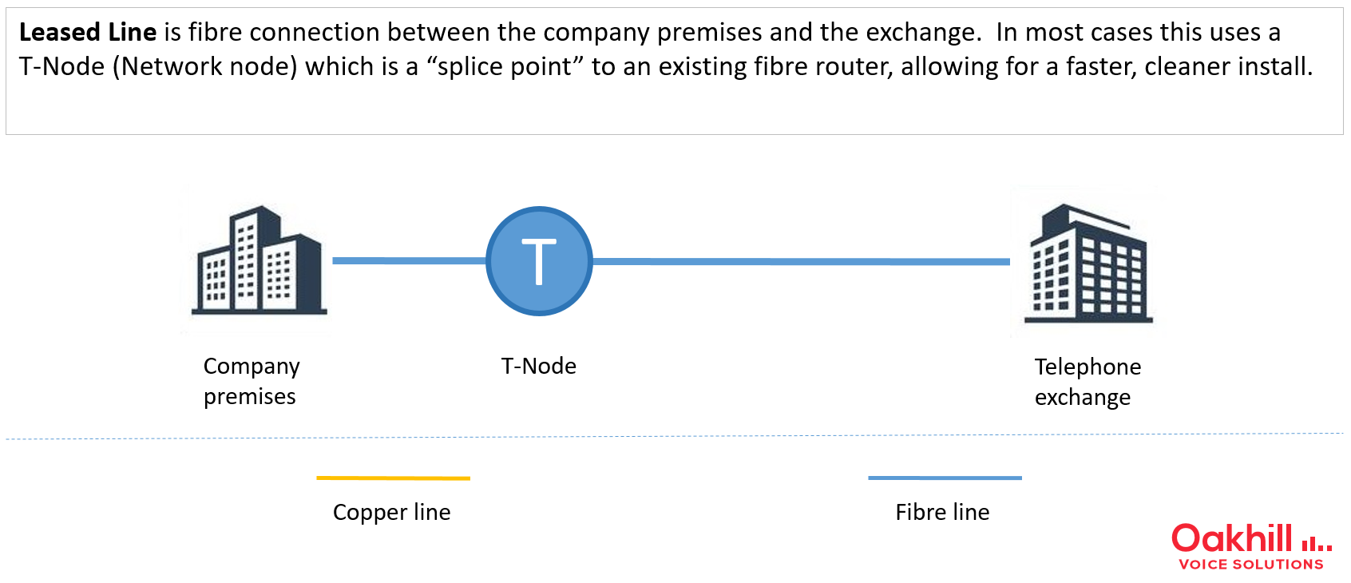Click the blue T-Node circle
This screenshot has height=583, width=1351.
[x=539, y=260]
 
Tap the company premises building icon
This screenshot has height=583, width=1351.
[x=260, y=260]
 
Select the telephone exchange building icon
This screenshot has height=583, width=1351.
[x=1088, y=264]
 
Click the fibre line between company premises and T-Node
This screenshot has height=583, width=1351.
[x=410, y=260]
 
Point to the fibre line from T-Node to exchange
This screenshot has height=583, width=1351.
[x=802, y=261]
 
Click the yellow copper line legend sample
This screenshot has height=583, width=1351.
[x=393, y=478]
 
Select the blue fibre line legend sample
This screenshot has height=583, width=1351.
[x=945, y=478]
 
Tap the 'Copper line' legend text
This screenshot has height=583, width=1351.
[x=392, y=513]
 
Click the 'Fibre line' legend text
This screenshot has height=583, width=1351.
[x=942, y=513]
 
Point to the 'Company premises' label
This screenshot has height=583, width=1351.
[x=251, y=382]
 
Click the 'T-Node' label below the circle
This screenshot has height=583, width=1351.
[x=539, y=366]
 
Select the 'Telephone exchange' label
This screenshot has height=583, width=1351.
[x=1088, y=382]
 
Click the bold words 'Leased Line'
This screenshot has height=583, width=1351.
[x=88, y=33]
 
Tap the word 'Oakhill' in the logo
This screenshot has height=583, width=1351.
[x=1231, y=538]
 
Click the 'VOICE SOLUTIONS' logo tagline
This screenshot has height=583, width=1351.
[x=1251, y=565]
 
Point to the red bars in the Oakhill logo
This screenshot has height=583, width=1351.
[x=1317, y=545]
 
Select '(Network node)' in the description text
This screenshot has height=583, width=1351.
[x=205, y=67]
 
